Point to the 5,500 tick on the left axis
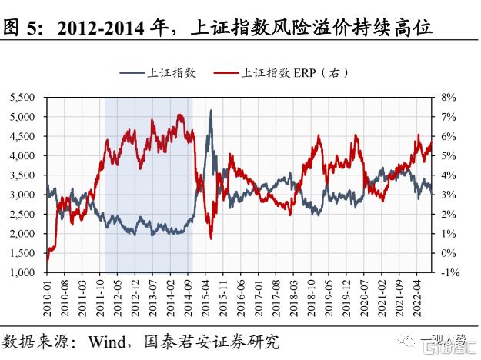[22, 98]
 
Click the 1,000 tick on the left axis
[22, 272]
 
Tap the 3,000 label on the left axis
[22, 195]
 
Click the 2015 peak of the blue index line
[211, 111]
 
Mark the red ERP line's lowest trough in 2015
[211, 238]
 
